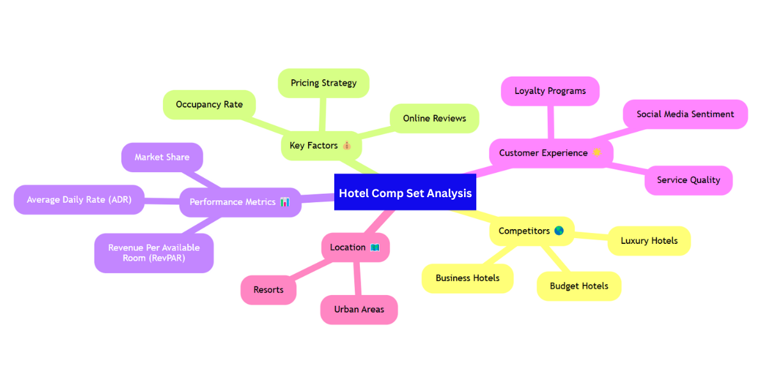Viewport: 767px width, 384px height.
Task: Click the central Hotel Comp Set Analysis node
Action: point(405,193)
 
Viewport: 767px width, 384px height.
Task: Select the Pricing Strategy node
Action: point(323,83)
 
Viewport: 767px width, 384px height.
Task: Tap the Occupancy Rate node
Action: point(209,104)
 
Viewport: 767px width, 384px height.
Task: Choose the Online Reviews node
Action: point(434,118)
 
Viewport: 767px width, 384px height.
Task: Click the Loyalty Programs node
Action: point(550,91)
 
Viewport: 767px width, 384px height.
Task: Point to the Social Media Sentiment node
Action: point(685,114)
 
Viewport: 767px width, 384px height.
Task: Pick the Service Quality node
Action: point(688,180)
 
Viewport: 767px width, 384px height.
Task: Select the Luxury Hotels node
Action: point(649,241)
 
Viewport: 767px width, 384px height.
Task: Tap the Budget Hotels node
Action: point(579,286)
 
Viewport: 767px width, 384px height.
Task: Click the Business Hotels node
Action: point(467,278)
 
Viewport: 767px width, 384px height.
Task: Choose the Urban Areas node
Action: point(359,310)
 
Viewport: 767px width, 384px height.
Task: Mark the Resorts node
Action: point(268,290)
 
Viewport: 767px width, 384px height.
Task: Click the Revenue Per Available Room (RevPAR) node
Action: point(154,253)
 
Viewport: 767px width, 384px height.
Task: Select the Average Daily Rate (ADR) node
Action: point(79,200)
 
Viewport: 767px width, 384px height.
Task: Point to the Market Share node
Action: point(162,157)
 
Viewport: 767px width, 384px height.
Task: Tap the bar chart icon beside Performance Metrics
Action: point(285,202)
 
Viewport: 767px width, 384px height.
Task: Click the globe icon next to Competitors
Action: point(559,231)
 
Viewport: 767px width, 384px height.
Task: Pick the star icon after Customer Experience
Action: point(597,153)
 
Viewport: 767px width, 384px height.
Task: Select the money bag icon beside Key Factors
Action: point(347,146)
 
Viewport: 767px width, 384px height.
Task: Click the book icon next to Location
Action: point(375,248)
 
